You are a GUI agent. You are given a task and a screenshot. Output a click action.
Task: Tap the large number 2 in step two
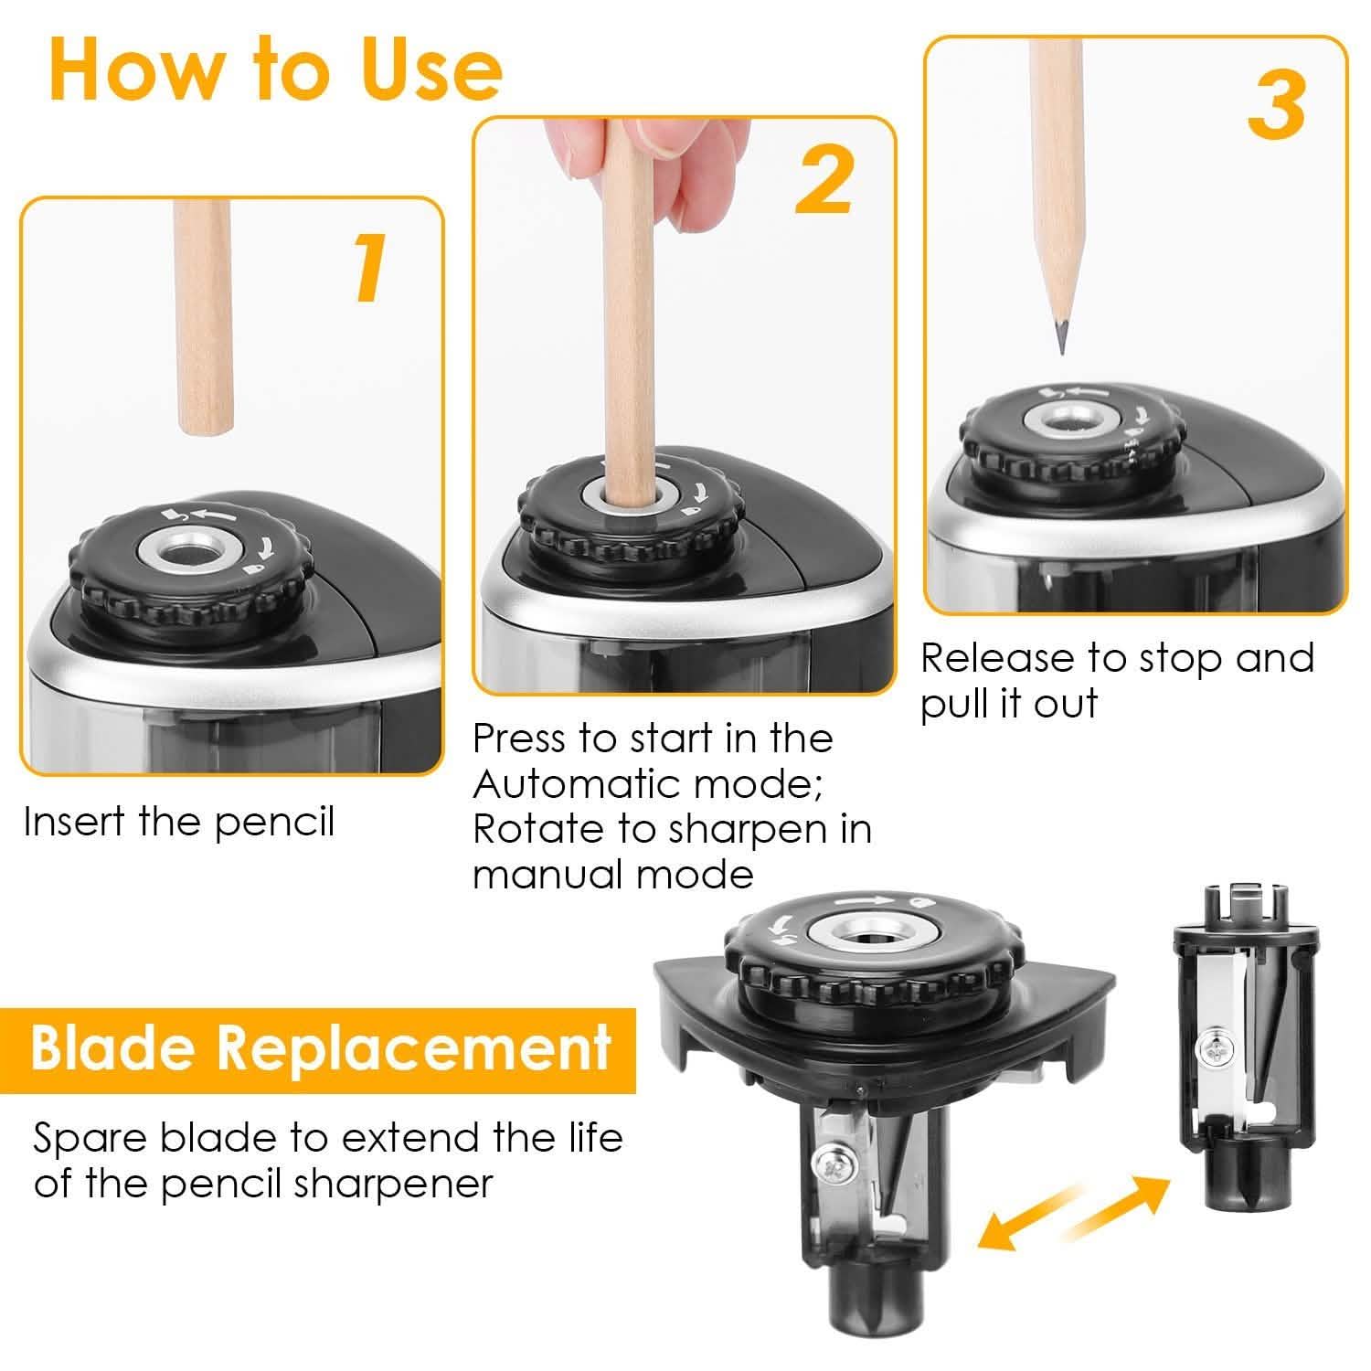point(824,182)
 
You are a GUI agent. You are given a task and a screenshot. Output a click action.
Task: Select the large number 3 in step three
point(1276,104)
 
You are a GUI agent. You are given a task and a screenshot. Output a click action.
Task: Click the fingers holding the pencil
point(622,155)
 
